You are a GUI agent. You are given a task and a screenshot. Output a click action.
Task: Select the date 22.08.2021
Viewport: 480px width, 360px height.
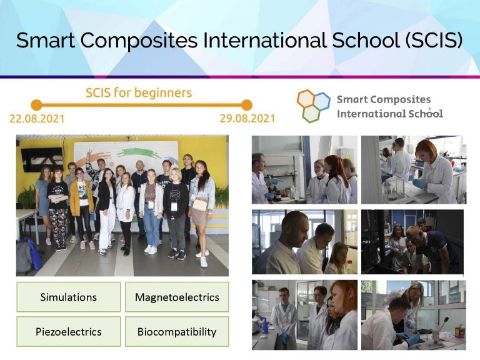pyautogui.click(x=36, y=118)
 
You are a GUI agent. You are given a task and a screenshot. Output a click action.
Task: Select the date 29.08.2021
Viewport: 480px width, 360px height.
pyautogui.click(x=247, y=118)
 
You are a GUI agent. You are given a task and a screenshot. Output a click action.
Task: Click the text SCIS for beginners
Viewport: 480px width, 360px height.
pyautogui.click(x=139, y=93)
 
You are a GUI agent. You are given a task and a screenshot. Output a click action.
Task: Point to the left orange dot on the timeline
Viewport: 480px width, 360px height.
pyautogui.click(x=36, y=104)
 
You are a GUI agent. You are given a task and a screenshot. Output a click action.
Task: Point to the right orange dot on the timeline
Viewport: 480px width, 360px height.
pyautogui.click(x=247, y=104)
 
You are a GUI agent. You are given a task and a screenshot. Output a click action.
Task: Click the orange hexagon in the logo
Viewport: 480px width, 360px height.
pyautogui.click(x=306, y=98)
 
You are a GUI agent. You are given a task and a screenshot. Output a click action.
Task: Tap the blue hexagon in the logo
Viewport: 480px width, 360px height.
pyautogui.click(x=321, y=101)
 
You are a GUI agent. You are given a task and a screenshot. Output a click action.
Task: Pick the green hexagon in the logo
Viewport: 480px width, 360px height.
pyautogui.click(x=311, y=113)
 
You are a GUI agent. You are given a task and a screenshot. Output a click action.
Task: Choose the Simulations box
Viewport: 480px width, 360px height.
pyautogui.click(x=68, y=297)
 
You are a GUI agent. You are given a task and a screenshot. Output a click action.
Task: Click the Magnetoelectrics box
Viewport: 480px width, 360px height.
pyautogui.click(x=177, y=297)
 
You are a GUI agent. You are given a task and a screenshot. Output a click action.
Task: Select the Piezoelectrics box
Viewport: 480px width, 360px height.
pyautogui.click(x=68, y=331)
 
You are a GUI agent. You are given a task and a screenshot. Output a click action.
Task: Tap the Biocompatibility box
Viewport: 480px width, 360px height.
pyautogui.click(x=177, y=331)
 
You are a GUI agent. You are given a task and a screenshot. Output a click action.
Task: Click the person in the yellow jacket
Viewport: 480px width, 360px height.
pyautogui.click(x=82, y=200)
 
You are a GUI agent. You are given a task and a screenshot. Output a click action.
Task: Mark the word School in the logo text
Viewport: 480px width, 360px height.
pyautogui.click(x=425, y=114)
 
